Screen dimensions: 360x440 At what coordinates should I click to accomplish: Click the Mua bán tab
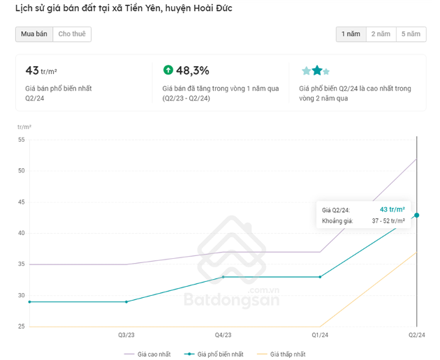pos(34,34)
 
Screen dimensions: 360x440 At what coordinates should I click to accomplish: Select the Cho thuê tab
pos(72,34)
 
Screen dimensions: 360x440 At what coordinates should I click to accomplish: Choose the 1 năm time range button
pos(351,34)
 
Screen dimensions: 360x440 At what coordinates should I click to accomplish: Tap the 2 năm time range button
pos(381,34)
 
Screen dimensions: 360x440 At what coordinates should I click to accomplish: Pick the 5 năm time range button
pos(411,34)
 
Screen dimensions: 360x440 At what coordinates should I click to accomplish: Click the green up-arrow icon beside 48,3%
pos(168,70)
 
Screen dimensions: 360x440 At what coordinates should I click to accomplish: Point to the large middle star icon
pos(317,70)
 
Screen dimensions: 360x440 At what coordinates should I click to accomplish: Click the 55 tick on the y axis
pos(21,140)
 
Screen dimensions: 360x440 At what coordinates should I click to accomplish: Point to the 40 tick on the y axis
pos(21,233)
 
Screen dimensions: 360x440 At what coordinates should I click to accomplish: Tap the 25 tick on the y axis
pos(21,327)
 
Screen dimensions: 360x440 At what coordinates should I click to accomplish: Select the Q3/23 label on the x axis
pos(126,336)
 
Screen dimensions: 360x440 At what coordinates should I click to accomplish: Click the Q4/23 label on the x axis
pos(223,336)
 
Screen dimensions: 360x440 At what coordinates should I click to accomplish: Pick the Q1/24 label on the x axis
pos(321,336)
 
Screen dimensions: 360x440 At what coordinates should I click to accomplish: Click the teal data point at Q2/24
pos(417,215)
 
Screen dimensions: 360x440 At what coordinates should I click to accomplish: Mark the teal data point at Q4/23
pos(223,277)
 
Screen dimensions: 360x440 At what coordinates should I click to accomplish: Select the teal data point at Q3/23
pos(126,301)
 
